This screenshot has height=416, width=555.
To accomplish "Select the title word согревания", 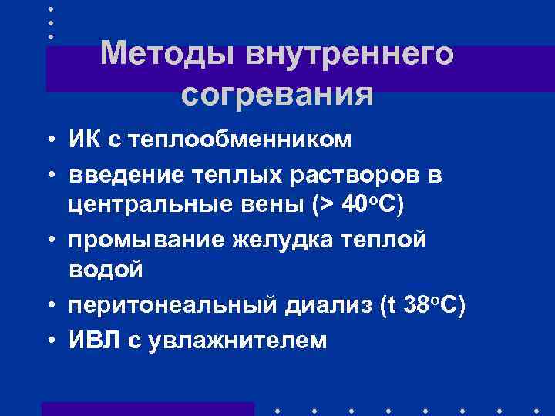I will (277, 96).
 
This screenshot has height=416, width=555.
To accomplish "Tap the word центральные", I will (143, 206).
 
